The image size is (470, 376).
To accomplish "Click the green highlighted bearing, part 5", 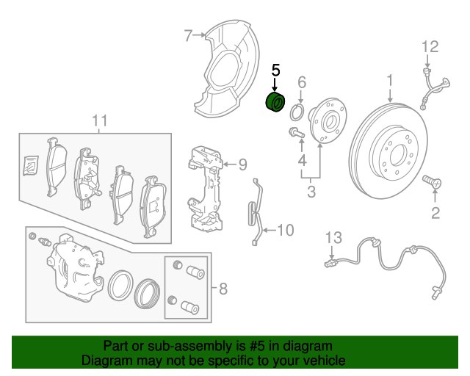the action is click(275, 103).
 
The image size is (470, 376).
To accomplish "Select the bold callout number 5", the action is click(275, 70).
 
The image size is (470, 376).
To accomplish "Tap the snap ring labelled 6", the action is click(297, 112).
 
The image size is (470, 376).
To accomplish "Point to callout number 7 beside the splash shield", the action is click(188, 36).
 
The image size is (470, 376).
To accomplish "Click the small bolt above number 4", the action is click(296, 132).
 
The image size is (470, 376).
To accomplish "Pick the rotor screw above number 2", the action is click(432, 181).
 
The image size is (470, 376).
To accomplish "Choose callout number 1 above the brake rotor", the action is click(389, 81).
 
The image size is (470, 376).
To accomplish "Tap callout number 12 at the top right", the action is click(430, 47).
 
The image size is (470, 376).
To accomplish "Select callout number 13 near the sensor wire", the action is click(333, 238).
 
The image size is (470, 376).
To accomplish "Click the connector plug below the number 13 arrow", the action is click(330, 264).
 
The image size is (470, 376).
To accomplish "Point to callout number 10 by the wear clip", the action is click(286, 231).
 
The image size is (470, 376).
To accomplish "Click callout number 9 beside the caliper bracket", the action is click(242, 164).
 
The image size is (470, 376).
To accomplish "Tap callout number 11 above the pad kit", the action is click(100, 121).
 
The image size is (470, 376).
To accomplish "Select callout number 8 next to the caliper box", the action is click(223, 289).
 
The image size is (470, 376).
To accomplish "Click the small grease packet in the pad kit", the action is click(31, 165).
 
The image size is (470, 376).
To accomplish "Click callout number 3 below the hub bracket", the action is click(311, 191).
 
